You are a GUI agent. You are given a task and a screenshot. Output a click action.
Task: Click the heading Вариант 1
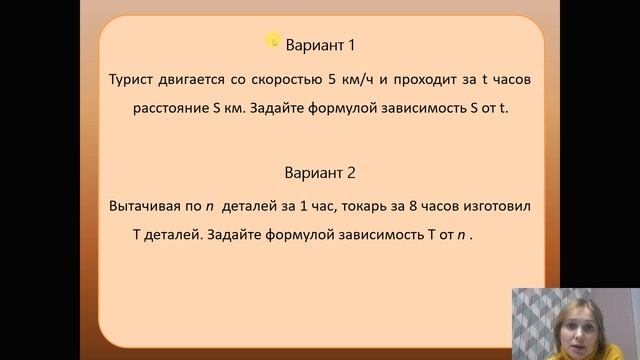tap(320, 45)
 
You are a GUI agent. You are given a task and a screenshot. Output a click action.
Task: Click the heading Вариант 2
tap(320, 172)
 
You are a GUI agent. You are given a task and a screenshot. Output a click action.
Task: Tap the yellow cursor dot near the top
tap(272, 40)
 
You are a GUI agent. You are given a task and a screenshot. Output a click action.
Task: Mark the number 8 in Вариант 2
tap(408, 205)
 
